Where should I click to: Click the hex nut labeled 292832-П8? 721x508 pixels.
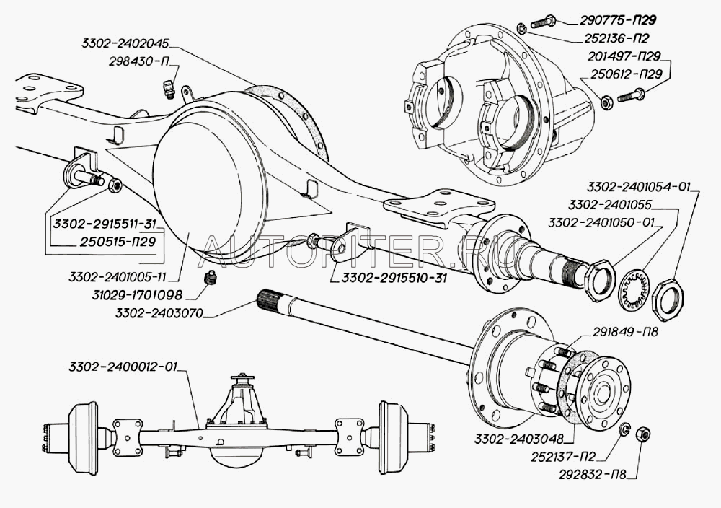645,434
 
